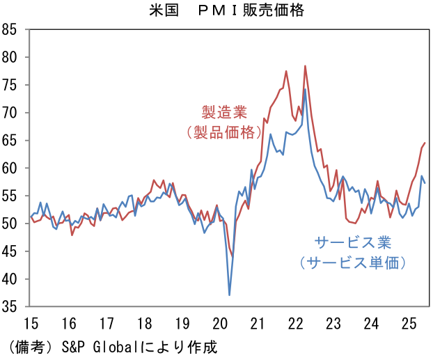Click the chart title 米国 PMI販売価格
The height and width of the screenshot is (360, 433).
pos(217,10)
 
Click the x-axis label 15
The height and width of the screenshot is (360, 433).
pos(31,323)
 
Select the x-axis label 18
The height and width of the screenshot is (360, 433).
pos(144,323)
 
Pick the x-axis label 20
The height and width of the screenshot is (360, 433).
pos(219,323)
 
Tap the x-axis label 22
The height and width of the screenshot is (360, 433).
pos(295,323)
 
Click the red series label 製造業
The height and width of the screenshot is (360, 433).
pos(222,111)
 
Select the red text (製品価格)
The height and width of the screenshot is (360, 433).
pos(222,132)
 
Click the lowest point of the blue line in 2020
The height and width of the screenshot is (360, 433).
pos(230,295)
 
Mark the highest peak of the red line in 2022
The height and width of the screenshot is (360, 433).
pos(305,66)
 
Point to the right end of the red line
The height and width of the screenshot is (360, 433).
pos(425,143)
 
